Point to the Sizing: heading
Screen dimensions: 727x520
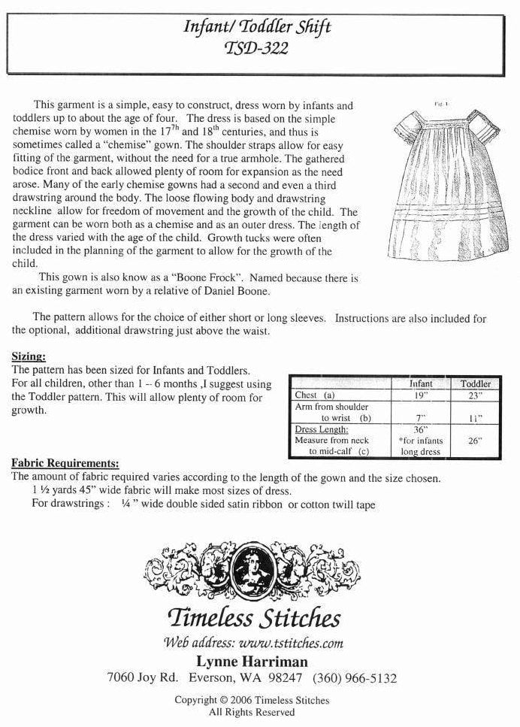(x=29, y=356)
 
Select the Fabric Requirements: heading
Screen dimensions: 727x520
(x=65, y=463)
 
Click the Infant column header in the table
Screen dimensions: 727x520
(x=420, y=383)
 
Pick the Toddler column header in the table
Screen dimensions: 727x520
(x=475, y=383)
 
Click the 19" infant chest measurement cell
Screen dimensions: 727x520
(x=420, y=395)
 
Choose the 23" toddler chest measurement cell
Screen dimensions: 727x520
(x=475, y=395)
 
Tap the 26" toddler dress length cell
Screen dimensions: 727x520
(x=475, y=441)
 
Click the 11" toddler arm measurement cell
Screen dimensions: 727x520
(x=475, y=418)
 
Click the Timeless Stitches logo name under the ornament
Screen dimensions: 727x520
(x=253, y=618)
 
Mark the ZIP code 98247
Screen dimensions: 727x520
(x=283, y=677)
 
